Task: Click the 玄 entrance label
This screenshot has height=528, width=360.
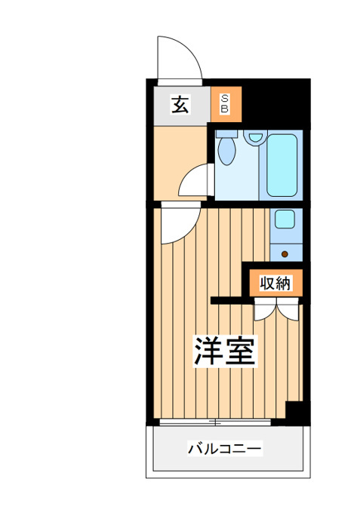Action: pos(180,104)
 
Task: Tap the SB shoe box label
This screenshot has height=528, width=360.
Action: pos(225,104)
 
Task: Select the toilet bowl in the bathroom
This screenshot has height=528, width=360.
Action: pos(226,151)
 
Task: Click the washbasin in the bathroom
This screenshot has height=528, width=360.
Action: pos(256,138)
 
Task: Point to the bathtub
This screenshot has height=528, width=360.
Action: pos(282,165)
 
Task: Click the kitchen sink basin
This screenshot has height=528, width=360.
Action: pos(285,219)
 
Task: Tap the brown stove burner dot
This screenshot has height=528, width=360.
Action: pos(285,254)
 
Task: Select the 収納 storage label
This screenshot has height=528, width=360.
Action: pos(275,283)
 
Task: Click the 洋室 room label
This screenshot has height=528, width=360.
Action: pos(225,351)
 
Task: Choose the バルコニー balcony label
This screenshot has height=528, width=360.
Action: pos(225,449)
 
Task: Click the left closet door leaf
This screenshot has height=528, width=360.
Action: pos(265,309)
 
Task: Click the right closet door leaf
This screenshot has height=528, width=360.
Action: pos(288,309)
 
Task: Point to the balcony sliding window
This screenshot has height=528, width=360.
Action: pos(215,422)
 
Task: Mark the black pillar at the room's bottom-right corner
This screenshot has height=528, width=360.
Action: pos(297,413)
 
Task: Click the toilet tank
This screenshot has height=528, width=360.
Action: pos(227,134)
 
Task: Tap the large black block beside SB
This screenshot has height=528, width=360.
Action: pos(275,104)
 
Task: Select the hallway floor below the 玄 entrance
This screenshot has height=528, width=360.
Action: pos(180,158)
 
